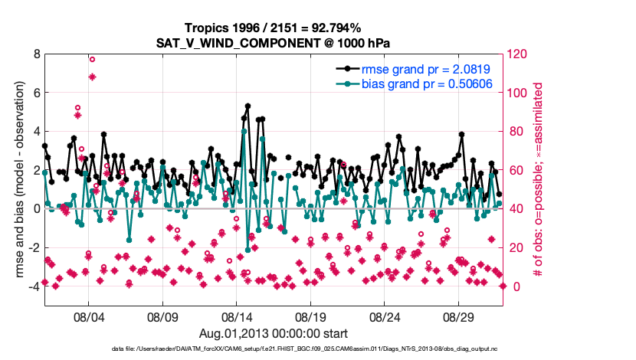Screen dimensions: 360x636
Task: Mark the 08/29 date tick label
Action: (460, 316)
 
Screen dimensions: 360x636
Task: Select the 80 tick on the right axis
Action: (516, 132)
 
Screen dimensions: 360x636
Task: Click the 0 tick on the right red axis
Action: (513, 286)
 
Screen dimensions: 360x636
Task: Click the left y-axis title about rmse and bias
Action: (15, 180)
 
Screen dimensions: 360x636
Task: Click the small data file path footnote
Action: (318, 349)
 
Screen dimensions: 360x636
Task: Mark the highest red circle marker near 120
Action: (92, 59)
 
